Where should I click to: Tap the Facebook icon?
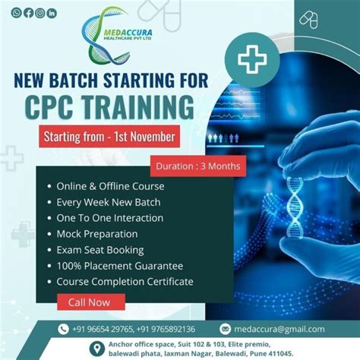click(x=28, y=12)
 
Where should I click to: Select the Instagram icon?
click(x=39, y=12)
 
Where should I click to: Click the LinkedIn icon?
click(x=51, y=12)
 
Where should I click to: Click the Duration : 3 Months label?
click(x=197, y=165)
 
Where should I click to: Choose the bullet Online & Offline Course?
click(x=110, y=186)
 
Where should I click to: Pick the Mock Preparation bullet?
click(x=97, y=234)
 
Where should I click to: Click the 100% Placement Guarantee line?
click(x=120, y=266)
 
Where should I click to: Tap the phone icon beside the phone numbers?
click(x=65, y=329)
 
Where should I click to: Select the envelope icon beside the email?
click(x=225, y=329)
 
